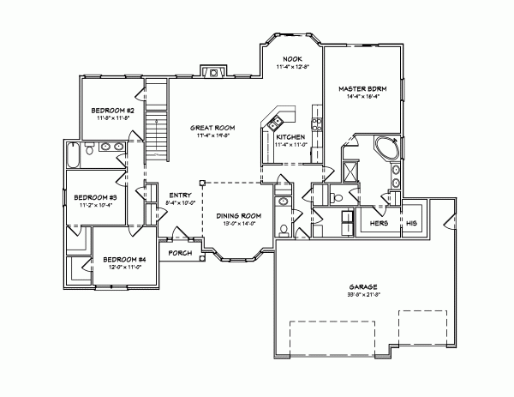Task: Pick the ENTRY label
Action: [180, 195]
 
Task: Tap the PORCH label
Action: [179, 253]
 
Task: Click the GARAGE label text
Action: [364, 286]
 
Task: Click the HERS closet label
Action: [378, 223]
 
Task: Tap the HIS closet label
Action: [412, 223]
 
